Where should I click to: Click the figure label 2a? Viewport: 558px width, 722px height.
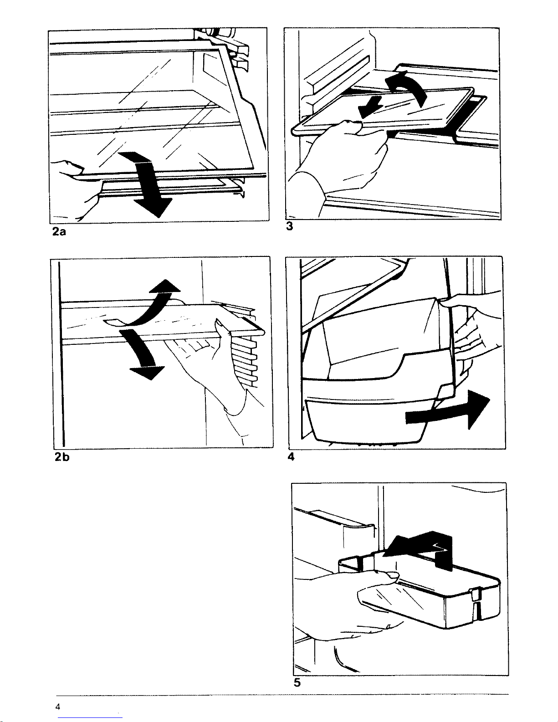pyautogui.click(x=59, y=232)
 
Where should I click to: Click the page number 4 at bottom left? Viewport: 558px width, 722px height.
pyautogui.click(x=58, y=706)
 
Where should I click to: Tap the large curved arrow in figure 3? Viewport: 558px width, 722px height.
pyautogui.click(x=408, y=89)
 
